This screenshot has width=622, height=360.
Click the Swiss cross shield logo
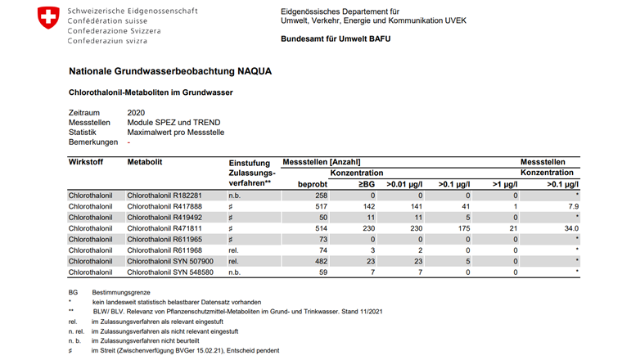click(x=48, y=16)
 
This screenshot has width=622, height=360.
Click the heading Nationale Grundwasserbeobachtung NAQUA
click(x=170, y=72)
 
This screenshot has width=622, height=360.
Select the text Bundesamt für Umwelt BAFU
click(x=336, y=38)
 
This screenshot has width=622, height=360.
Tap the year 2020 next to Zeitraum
click(x=137, y=111)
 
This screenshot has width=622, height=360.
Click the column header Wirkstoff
click(x=87, y=162)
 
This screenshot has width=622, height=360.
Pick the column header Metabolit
click(x=145, y=162)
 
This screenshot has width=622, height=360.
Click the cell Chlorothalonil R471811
click(x=164, y=229)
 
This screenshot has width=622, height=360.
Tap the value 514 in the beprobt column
click(x=320, y=229)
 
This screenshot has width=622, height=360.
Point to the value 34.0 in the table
click(x=570, y=229)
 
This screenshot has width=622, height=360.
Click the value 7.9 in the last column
click(x=573, y=208)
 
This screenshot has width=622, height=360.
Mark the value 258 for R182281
click(x=320, y=196)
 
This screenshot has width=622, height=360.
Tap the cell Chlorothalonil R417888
click(x=164, y=208)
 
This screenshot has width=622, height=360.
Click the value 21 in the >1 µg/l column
click(x=513, y=229)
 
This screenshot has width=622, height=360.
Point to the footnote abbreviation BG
click(x=73, y=292)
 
